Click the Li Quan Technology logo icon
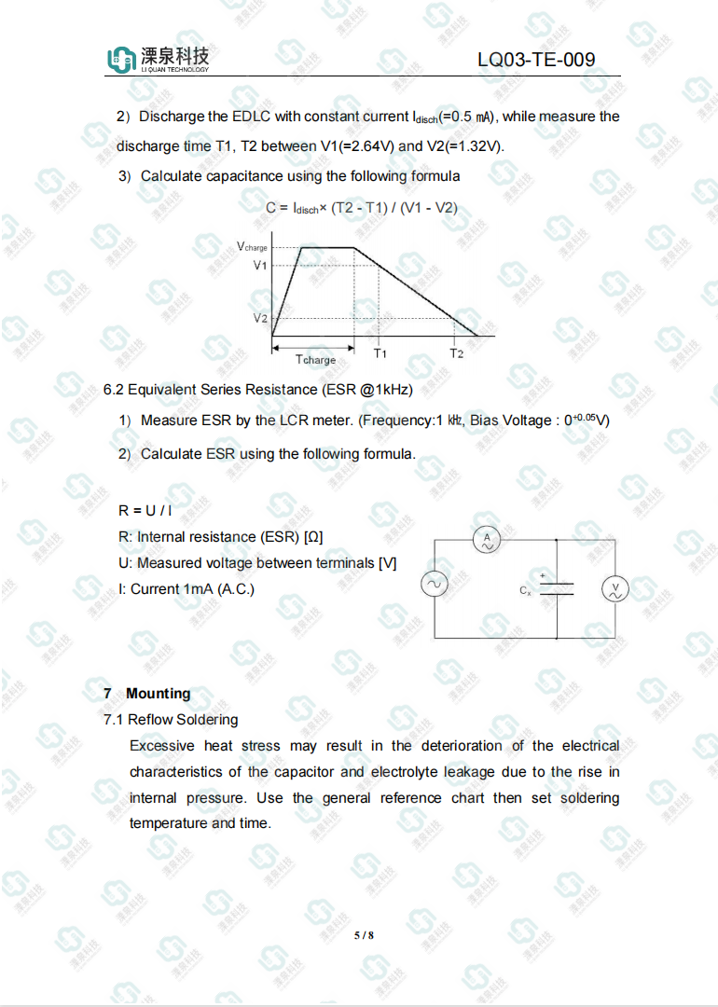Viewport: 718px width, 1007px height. [x=121, y=61]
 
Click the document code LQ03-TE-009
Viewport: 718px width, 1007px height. [x=535, y=61]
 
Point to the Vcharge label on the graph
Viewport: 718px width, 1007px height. [x=252, y=247]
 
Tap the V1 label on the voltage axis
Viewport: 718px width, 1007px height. [x=260, y=266]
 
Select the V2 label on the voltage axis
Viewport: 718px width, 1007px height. [x=260, y=318]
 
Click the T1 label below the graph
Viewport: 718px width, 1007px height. [x=380, y=353]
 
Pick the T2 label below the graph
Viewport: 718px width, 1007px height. [x=456, y=353]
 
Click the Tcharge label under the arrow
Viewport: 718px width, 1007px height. [x=315, y=359]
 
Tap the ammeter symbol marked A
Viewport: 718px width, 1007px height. [x=486, y=539]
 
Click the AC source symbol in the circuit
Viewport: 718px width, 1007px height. [x=435, y=585]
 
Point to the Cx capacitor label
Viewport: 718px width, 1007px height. [x=525, y=590]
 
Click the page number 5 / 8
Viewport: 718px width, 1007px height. [x=364, y=935]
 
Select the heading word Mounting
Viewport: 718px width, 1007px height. [x=159, y=694]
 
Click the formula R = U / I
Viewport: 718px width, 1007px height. [x=146, y=510]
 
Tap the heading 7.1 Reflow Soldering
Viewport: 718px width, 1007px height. [x=171, y=720]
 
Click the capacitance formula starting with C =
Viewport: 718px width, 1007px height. [x=361, y=207]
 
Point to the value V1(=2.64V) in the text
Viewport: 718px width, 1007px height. [x=357, y=146]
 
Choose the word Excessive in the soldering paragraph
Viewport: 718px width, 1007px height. [x=162, y=746]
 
